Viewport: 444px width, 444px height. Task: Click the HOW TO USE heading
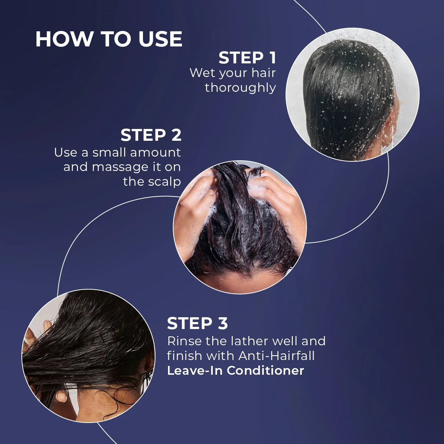pos(109,39)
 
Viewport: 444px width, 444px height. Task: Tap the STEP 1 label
pos(247,58)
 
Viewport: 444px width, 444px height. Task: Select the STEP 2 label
pos(151,135)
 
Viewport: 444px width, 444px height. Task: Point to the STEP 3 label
pos(197,323)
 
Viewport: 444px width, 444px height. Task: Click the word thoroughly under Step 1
pos(240,88)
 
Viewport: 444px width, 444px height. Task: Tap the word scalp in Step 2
pos(164,182)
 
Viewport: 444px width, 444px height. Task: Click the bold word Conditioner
pos(265,371)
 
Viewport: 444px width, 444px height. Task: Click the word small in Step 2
pos(109,153)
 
